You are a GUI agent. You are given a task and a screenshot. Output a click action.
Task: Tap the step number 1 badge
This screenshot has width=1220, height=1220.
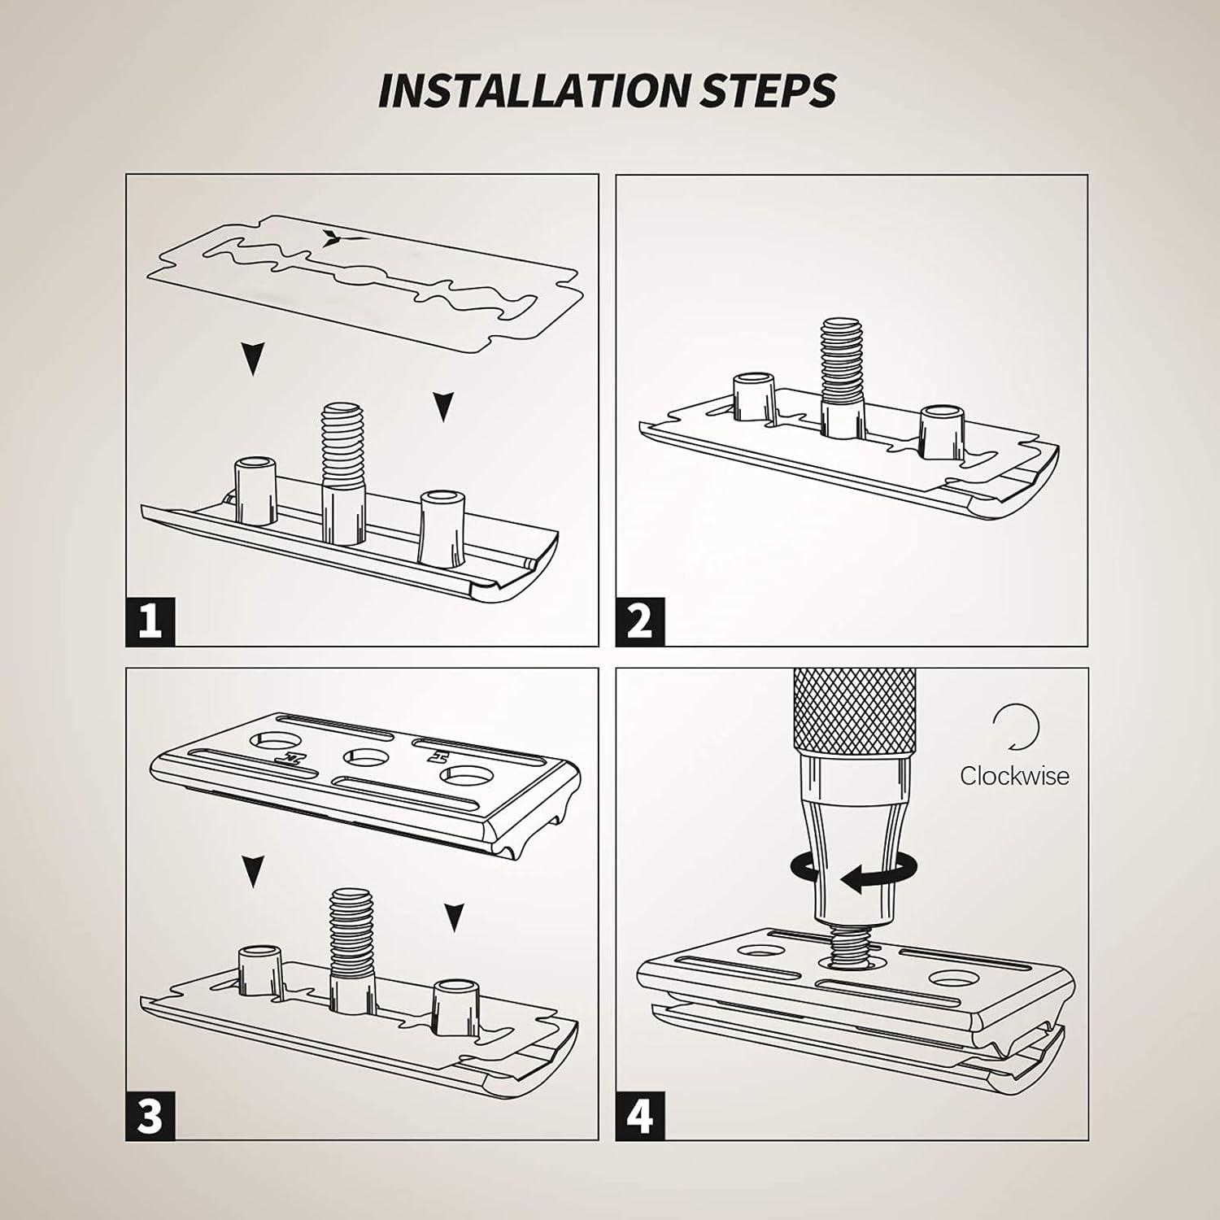(x=150, y=622)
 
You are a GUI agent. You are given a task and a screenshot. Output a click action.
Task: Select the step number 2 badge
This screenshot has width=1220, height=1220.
(x=640, y=622)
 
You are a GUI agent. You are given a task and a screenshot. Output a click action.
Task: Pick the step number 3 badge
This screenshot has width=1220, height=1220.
(x=150, y=1115)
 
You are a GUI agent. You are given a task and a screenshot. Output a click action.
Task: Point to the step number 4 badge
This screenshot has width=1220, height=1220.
(x=640, y=1115)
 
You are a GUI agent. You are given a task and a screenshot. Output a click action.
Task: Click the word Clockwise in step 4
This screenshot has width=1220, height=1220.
(x=1014, y=775)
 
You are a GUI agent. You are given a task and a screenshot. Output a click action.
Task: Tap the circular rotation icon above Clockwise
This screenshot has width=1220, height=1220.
(x=1015, y=726)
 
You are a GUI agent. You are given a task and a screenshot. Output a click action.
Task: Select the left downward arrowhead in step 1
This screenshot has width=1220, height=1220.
(x=253, y=358)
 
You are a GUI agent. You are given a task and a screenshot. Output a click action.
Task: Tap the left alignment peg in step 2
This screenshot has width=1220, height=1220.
(x=752, y=397)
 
